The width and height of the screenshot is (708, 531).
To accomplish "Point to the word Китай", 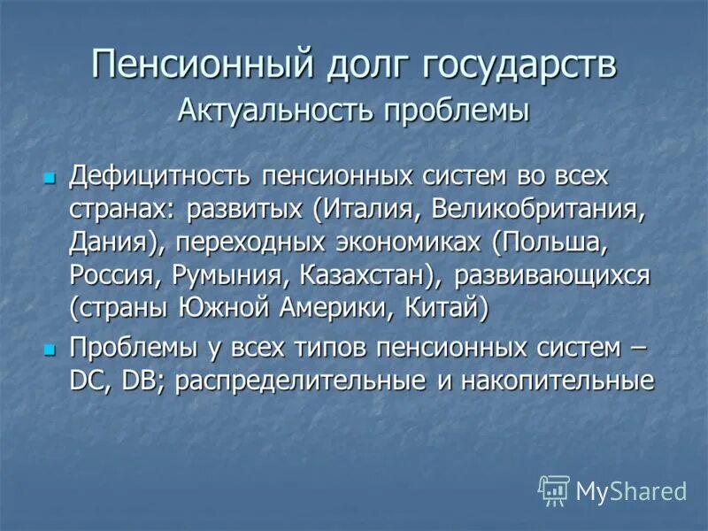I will click(x=447, y=309).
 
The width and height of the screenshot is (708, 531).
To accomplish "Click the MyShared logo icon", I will click(x=554, y=489).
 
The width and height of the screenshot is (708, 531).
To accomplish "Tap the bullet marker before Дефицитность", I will click(x=50, y=176).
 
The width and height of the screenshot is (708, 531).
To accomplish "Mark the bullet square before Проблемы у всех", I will click(x=50, y=348).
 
